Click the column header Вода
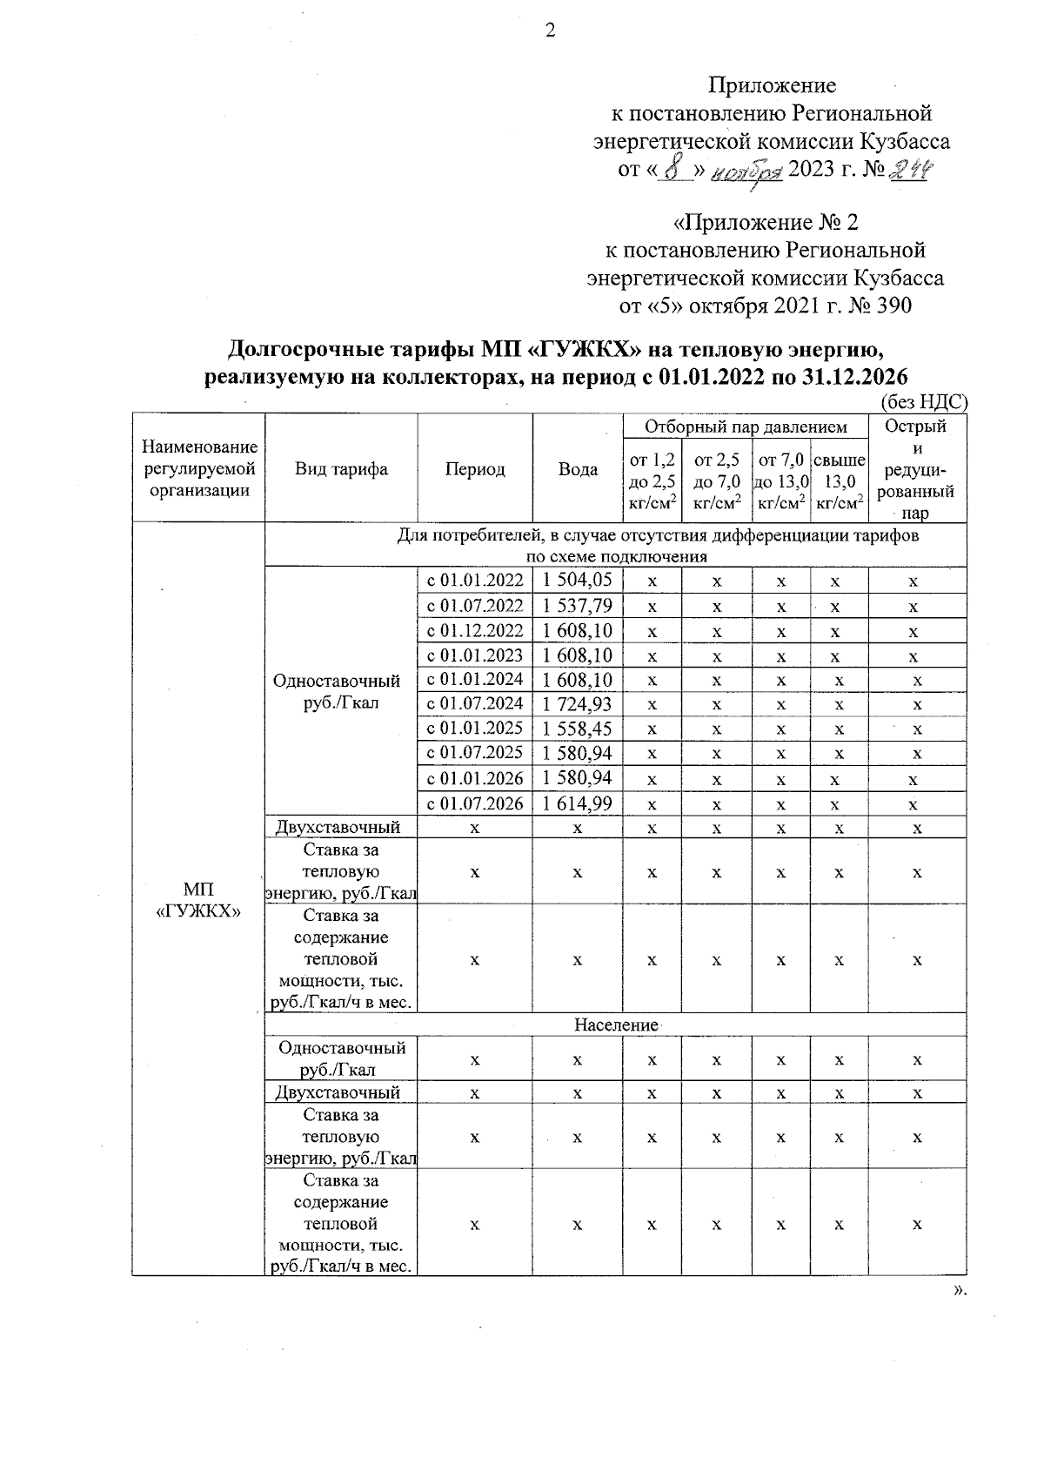[578, 469]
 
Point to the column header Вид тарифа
[341, 469]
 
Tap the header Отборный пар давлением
[746, 427]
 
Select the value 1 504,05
[578, 581]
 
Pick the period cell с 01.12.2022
[475, 630]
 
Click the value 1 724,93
[578, 704]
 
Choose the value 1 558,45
[578, 729]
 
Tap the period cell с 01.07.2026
[475, 803]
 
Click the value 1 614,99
[578, 803]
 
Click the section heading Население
[616, 1025]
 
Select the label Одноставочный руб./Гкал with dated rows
[341, 692]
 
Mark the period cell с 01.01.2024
[475, 680]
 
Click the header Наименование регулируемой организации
[198, 469]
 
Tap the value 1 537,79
[578, 606]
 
